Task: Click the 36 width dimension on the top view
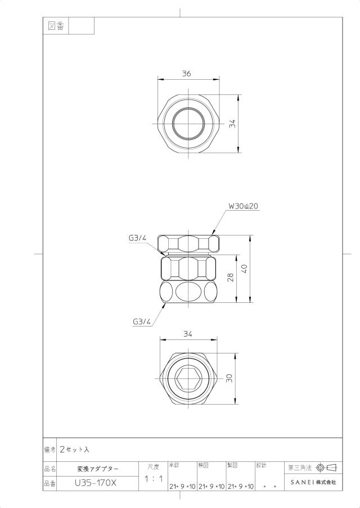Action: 186,74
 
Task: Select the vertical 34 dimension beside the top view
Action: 232,124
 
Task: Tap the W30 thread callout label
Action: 243,206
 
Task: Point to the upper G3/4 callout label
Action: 137,238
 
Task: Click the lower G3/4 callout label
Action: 142,322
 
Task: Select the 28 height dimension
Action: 231,278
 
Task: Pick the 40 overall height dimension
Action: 245,269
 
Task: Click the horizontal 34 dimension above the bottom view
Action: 188,334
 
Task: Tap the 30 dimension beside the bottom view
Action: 229,378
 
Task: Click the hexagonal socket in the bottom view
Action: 189,379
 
